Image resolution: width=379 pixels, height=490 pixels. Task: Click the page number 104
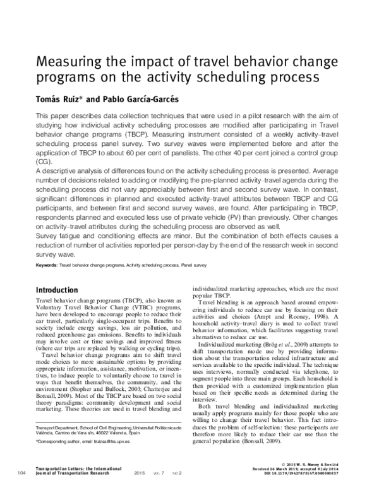21,472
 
